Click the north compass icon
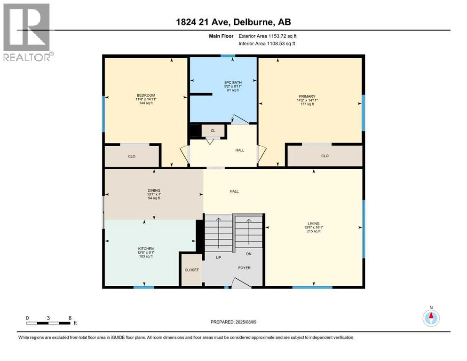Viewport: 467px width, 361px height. [x=431, y=318]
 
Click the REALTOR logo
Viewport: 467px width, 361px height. [x=27, y=32]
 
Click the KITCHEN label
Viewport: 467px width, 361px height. [x=146, y=248]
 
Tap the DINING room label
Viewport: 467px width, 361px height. [x=154, y=190]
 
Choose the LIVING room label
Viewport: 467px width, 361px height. [x=314, y=223]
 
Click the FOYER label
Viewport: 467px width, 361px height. [x=244, y=267]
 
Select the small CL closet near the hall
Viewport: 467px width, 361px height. [x=213, y=131]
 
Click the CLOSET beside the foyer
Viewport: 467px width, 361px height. [x=191, y=270]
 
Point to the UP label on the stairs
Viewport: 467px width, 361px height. [x=218, y=258]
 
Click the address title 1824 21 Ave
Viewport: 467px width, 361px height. [x=233, y=22]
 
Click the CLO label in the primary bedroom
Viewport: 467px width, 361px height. [x=325, y=156]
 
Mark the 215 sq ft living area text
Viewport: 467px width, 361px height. [x=314, y=231]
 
